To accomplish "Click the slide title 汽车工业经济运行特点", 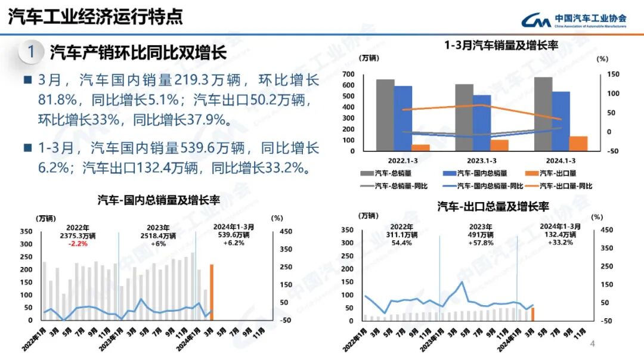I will tap(95, 16).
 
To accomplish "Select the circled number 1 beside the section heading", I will tap(31, 52).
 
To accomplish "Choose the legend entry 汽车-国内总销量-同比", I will tap(489, 187).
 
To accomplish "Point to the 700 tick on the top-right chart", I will tap(349, 75).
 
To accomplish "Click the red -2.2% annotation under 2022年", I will tap(78, 243).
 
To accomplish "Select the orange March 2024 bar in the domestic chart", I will tap(211, 292).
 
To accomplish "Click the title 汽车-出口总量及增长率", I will tap(493, 207).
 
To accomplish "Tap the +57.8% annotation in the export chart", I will tap(480, 243).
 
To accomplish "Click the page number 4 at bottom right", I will tap(592, 344).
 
